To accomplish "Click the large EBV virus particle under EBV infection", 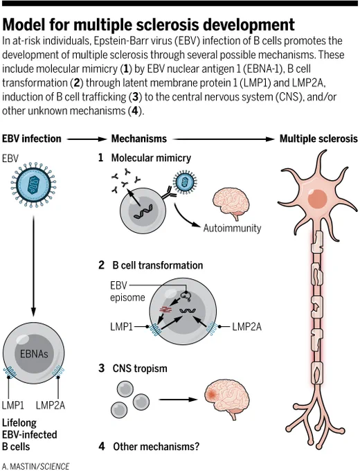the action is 33,184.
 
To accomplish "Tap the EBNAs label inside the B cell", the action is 34,353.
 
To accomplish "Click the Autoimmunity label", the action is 232,229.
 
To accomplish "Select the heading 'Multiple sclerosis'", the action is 318,139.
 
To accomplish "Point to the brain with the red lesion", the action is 226,399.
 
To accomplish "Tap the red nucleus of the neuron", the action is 317,199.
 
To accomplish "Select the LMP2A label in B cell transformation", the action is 246,326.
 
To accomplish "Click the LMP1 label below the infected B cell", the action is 13,405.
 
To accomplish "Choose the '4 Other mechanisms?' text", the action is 149,446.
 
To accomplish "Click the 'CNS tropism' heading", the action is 140,368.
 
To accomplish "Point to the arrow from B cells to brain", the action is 179,399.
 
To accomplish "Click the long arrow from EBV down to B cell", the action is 33,266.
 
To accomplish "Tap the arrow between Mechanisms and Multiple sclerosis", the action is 224,139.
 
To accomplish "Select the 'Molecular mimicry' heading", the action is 151,158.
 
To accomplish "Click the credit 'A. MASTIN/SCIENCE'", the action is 35,466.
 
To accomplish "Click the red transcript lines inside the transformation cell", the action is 165,309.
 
